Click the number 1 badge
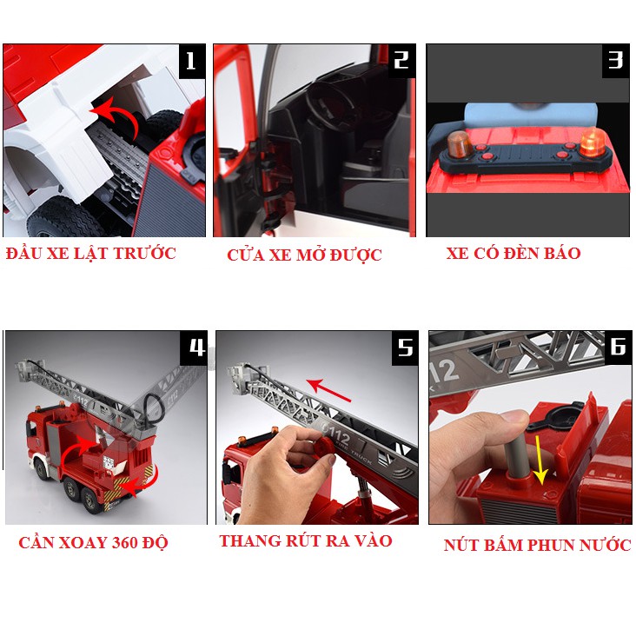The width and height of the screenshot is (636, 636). click(191, 61)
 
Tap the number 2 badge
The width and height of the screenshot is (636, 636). click(401, 60)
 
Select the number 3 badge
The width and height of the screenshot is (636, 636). click(615, 60)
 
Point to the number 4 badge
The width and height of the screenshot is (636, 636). click(195, 347)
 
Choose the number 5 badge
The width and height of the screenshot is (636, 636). click(406, 347)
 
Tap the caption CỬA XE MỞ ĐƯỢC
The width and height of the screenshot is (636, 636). click(304, 255)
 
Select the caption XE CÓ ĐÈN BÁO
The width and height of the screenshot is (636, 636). click(513, 254)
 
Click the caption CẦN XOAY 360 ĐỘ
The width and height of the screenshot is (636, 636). click(93, 543)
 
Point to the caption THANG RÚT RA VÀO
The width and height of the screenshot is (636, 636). click(306, 541)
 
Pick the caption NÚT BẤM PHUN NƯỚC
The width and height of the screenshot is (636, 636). click(537, 546)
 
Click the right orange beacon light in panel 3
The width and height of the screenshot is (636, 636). click(593, 140)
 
